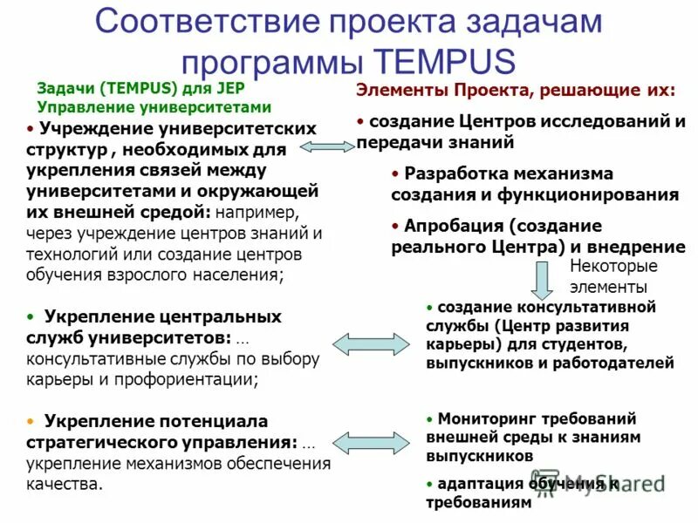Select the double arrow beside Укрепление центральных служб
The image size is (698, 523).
coord(366,343)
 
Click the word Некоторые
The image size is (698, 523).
coord(613,267)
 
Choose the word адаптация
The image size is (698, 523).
coord(481,484)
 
